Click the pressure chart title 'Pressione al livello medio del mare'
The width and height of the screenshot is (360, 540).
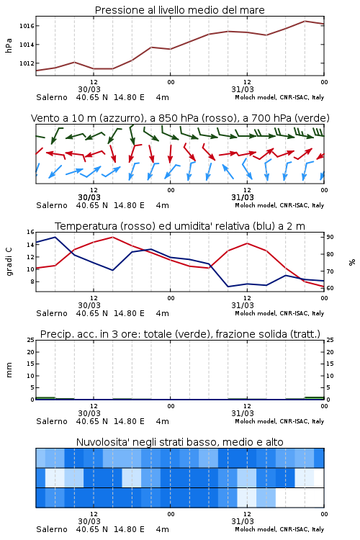[179, 10]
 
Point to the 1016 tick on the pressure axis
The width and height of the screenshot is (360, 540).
[27, 26]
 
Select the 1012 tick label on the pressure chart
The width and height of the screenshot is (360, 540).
[27, 63]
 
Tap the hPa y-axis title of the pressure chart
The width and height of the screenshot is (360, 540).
[9, 45]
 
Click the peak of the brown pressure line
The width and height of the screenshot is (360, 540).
[305, 21]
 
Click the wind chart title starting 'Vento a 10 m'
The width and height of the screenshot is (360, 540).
[180, 118]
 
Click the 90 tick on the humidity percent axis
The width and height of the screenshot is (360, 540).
[330, 237]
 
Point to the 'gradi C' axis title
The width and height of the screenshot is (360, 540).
[9, 261]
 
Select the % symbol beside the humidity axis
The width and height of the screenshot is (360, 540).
[352, 262]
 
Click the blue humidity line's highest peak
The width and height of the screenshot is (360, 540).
[55, 237]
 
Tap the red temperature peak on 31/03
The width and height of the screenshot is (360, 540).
[247, 243]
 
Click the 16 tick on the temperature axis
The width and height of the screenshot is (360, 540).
[30, 232]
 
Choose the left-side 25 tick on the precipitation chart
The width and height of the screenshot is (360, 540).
[30, 340]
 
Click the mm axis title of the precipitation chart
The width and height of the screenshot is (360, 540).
[9, 370]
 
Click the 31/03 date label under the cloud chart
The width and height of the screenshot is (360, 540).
[243, 521]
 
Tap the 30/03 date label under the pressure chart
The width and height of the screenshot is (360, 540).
[89, 89]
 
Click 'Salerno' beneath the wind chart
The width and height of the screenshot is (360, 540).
[52, 205]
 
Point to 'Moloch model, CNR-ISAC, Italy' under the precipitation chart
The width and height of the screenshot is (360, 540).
[279, 421]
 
